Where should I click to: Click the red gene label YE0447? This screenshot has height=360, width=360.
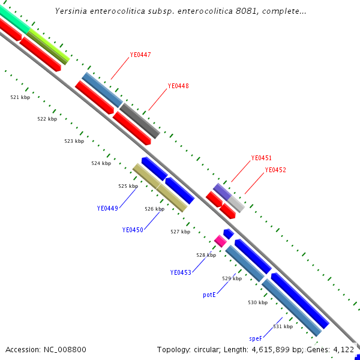point(140,55)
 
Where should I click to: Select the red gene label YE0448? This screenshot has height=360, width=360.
point(178,86)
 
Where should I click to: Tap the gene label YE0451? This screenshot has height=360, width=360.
point(261,158)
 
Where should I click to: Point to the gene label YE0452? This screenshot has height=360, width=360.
point(275,170)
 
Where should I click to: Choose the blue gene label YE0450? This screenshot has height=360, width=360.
point(133,230)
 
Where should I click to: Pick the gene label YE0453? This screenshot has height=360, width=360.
point(181,272)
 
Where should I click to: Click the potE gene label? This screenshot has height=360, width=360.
point(209,295)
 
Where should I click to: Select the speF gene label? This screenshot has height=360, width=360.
point(256,338)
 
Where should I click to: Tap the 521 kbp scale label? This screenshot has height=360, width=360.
point(20,97)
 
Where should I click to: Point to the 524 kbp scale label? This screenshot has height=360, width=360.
point(101,163)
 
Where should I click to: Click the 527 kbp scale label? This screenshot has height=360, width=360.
point(180,232)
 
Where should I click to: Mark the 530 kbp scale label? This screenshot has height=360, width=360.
point(257,302)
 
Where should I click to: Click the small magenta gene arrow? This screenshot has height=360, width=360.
point(220,241)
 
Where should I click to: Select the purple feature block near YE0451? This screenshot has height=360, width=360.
point(222,191)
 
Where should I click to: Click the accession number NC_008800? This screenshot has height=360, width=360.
point(65,349)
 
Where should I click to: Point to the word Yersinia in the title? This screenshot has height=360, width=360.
point(73,11)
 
